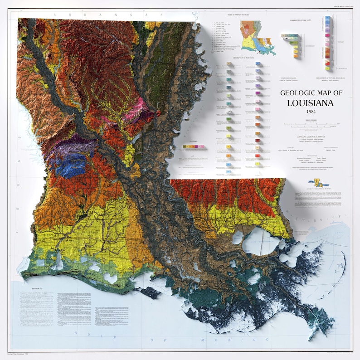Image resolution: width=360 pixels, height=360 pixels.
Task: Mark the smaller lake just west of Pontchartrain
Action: pyautogui.click(x=236, y=237)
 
